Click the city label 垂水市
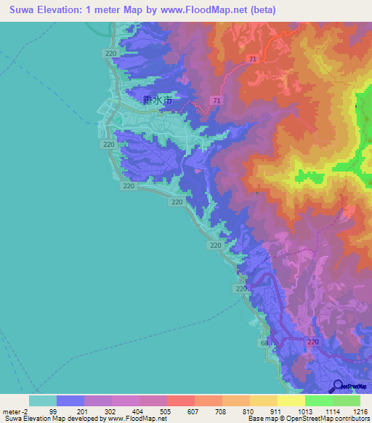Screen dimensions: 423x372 coord(158,102)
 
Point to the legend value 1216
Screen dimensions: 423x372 coord(359,411)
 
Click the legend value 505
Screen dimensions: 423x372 coord(166,411)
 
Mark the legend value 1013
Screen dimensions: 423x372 coord(304,411)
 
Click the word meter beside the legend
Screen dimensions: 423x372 coord(11,411)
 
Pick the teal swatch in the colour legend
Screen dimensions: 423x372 coord(42,400)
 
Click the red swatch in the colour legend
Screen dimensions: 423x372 coord(181,400)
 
